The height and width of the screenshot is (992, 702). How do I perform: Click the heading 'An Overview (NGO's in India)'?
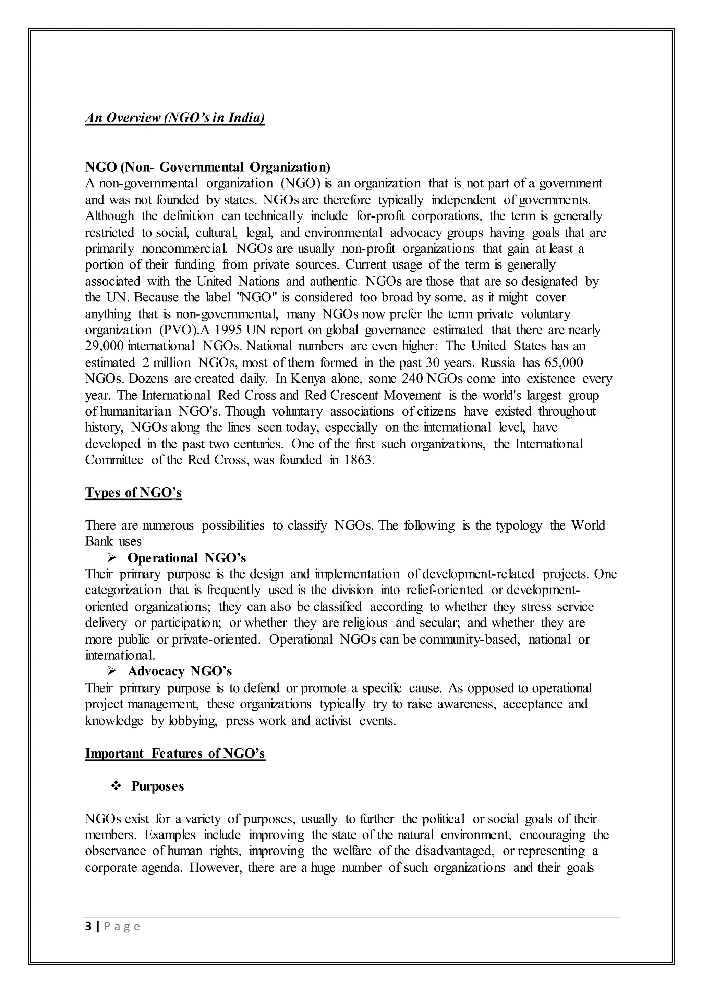pyautogui.click(x=174, y=117)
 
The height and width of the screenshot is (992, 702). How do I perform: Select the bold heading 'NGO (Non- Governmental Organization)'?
pyautogui.click(x=207, y=167)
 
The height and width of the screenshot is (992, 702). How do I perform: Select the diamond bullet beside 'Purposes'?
pyautogui.click(x=116, y=786)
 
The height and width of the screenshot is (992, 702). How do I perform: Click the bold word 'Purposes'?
pyautogui.click(x=158, y=786)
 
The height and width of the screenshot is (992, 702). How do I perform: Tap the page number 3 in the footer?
pyautogui.click(x=89, y=926)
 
